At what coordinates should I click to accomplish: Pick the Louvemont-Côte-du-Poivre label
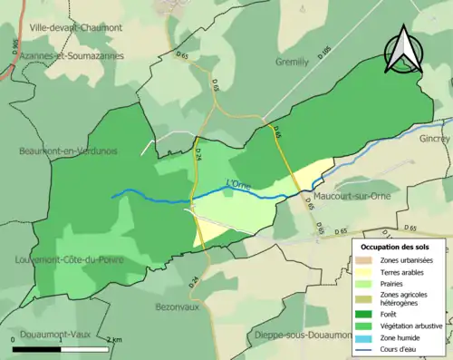(x=70, y=259)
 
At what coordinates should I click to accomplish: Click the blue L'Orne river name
(x=237, y=185)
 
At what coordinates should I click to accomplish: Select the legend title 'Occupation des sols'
(x=401, y=246)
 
